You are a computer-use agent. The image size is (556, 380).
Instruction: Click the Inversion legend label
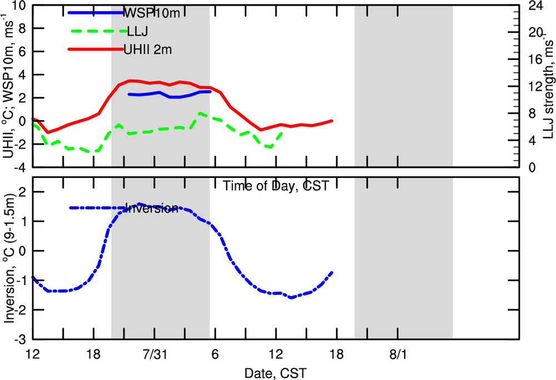151,209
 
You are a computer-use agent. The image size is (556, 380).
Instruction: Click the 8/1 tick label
398,354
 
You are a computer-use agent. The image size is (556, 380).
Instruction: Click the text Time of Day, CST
274,186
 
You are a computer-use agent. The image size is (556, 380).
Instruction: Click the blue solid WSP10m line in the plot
167,95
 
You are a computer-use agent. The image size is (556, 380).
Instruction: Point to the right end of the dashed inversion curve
332,272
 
